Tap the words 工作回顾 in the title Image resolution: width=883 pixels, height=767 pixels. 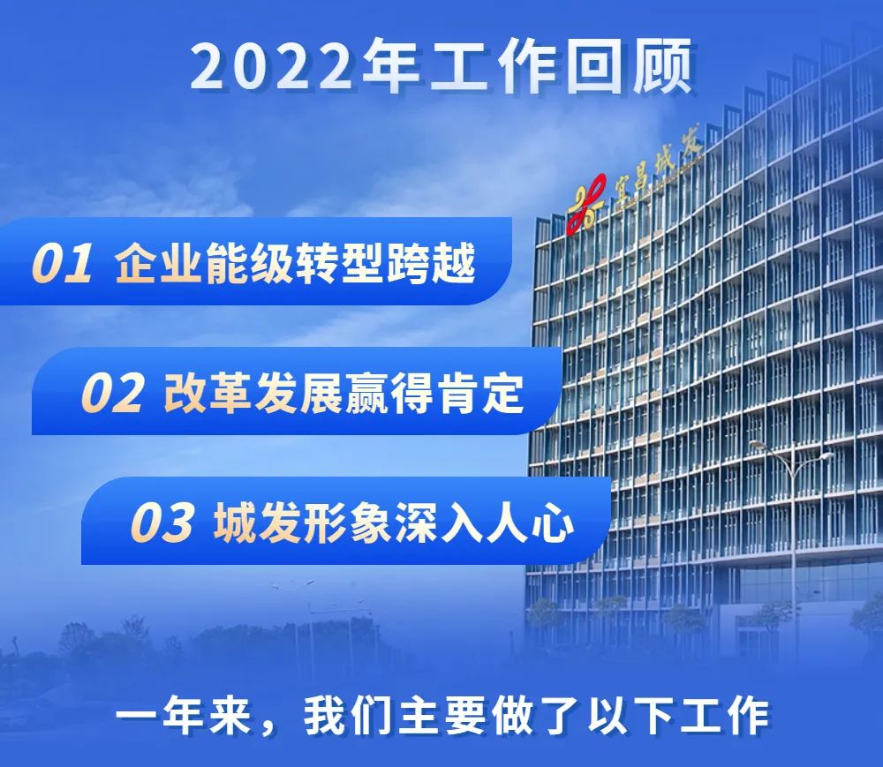(562, 66)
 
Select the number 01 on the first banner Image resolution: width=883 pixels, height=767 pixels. (62, 263)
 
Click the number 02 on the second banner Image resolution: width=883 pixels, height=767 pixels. (112, 393)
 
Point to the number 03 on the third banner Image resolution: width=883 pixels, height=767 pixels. (162, 523)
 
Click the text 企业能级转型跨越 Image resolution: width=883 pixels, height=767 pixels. (295, 263)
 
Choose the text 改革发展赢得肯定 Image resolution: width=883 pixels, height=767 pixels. (344, 393)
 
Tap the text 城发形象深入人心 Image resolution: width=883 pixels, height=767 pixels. (394, 523)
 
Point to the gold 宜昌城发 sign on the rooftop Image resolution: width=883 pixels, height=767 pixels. (659, 169)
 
